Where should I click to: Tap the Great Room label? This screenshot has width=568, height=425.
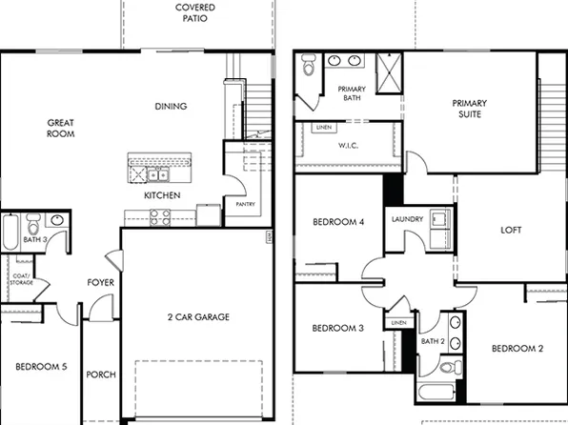coord(60,128)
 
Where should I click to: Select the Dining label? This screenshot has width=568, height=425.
coord(171,107)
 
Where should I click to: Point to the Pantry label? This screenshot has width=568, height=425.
coord(245,203)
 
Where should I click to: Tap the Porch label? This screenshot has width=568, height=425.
coord(101,374)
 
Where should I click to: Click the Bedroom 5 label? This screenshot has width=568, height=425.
coord(40,366)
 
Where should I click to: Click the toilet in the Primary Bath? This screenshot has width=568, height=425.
coord(308,68)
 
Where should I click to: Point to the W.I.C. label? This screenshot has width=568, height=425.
coord(347,146)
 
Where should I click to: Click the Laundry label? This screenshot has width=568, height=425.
coord(408,220)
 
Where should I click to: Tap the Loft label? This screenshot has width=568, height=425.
coord(512,230)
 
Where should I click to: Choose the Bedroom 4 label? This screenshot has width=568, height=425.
coord(338,223)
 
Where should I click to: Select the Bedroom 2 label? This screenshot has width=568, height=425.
coord(517,349)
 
